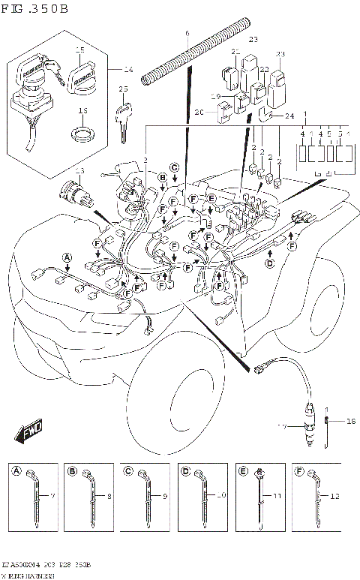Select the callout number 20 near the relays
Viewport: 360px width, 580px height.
click(199, 112)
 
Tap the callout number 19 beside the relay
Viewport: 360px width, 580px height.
click(215, 97)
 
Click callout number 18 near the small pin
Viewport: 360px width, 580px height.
click(349, 422)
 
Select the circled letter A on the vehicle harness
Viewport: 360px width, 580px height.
click(67, 257)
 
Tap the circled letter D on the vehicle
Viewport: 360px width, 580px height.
click(270, 263)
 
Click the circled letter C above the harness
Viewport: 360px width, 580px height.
click(174, 167)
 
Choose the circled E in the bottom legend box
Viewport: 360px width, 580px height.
click(243, 471)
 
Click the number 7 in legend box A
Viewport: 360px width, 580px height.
click(52, 497)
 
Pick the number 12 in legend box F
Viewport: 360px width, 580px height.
click(334, 497)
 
